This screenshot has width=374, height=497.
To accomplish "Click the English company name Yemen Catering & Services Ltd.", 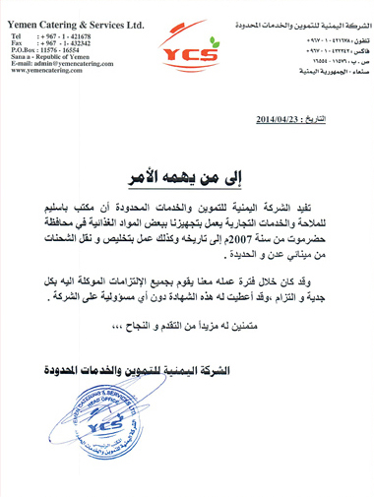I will tap(75, 19).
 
